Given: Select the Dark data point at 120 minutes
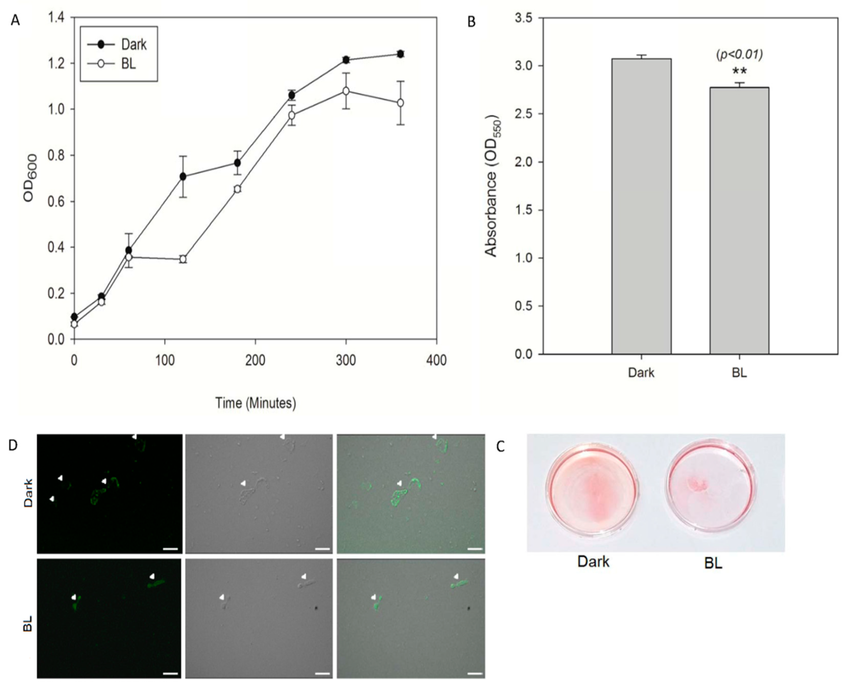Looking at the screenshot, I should tap(183, 176).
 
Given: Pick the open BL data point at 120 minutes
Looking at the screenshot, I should tap(183, 259).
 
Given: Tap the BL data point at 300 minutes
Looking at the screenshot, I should tap(346, 91).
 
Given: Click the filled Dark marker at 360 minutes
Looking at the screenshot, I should tap(401, 54).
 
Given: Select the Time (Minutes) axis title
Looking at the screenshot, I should tap(256, 403).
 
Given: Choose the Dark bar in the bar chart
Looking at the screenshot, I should tap(641, 206).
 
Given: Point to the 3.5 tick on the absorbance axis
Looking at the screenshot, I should tap(524, 18).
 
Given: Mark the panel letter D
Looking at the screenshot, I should tap(13, 445).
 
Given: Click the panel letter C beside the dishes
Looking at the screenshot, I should tap(501, 447).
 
